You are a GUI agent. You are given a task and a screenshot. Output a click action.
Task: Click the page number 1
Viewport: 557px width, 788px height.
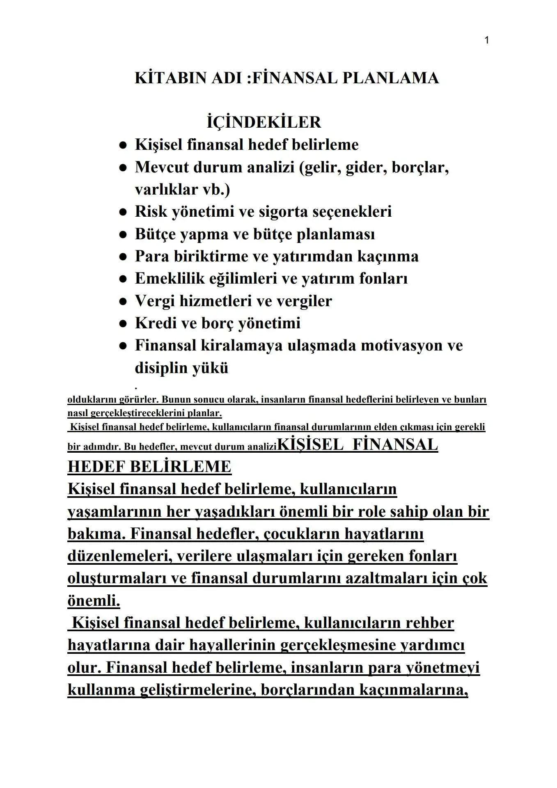486,40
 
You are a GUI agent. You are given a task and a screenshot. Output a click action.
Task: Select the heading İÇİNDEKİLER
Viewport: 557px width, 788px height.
264,122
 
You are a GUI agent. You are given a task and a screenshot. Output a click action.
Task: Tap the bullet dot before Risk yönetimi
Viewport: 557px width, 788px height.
122,213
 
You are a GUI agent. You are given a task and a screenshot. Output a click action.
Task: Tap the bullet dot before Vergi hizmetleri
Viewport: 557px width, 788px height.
122,302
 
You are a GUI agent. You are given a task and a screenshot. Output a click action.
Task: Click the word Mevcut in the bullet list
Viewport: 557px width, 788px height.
162,167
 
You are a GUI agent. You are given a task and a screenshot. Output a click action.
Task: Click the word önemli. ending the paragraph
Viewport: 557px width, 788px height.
94,601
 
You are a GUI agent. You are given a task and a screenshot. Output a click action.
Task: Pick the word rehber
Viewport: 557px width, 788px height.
429,623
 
